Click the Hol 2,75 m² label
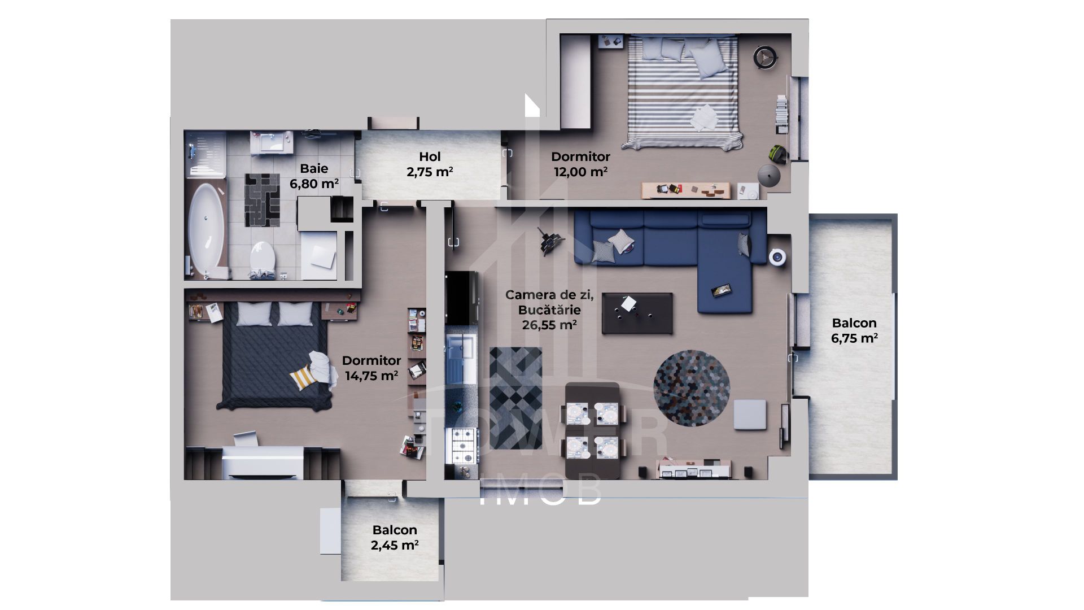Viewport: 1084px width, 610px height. click(x=430, y=164)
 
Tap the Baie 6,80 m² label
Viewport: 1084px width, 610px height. click(x=314, y=176)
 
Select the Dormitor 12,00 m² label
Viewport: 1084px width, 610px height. click(x=580, y=164)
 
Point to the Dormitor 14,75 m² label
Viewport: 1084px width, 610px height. click(x=371, y=368)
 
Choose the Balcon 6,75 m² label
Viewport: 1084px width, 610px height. click(x=854, y=330)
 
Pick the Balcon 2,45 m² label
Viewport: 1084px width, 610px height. click(x=395, y=537)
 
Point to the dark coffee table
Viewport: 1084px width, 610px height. click(x=637, y=313)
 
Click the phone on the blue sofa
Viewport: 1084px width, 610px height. click(x=722, y=290)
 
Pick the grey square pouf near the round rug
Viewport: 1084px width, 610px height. click(x=750, y=415)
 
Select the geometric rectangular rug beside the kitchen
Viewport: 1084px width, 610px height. click(x=515, y=398)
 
